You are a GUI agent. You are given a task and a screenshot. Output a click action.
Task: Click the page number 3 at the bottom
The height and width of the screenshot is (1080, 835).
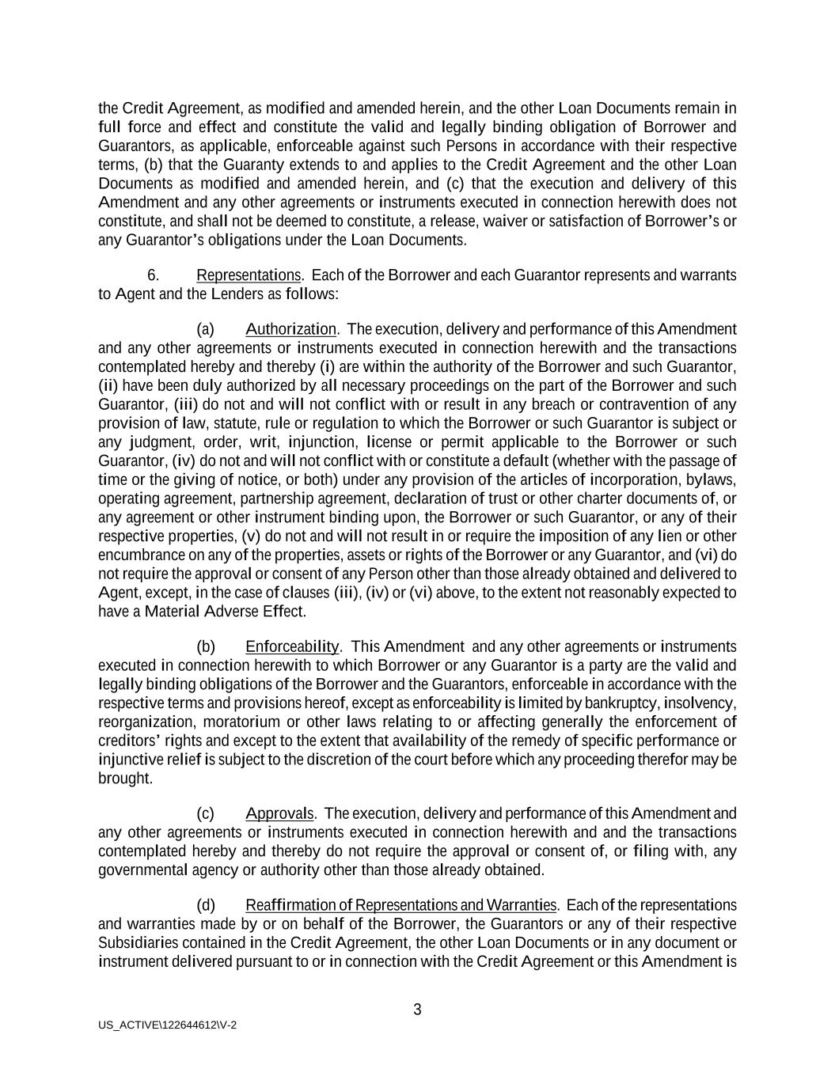point(417,1010)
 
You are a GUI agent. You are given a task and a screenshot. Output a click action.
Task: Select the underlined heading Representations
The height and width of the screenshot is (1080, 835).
point(249,275)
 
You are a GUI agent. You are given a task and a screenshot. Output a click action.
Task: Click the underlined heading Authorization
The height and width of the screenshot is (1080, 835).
point(291,329)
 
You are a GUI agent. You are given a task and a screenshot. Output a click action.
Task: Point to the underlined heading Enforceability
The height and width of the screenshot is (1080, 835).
point(292,646)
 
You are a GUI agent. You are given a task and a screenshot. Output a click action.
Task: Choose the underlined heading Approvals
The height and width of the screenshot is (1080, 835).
point(279,813)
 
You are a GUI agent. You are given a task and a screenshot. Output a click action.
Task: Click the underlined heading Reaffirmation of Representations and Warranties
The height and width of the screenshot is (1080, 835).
point(401,905)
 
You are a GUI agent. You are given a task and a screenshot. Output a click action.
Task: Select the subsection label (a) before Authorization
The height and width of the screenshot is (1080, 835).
point(205,329)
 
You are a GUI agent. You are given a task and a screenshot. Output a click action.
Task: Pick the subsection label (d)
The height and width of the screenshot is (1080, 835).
point(205,905)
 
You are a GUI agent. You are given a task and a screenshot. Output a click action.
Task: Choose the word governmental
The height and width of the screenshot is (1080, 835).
point(145,870)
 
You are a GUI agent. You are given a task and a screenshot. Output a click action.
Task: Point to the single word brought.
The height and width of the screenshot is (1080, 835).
point(124,779)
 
